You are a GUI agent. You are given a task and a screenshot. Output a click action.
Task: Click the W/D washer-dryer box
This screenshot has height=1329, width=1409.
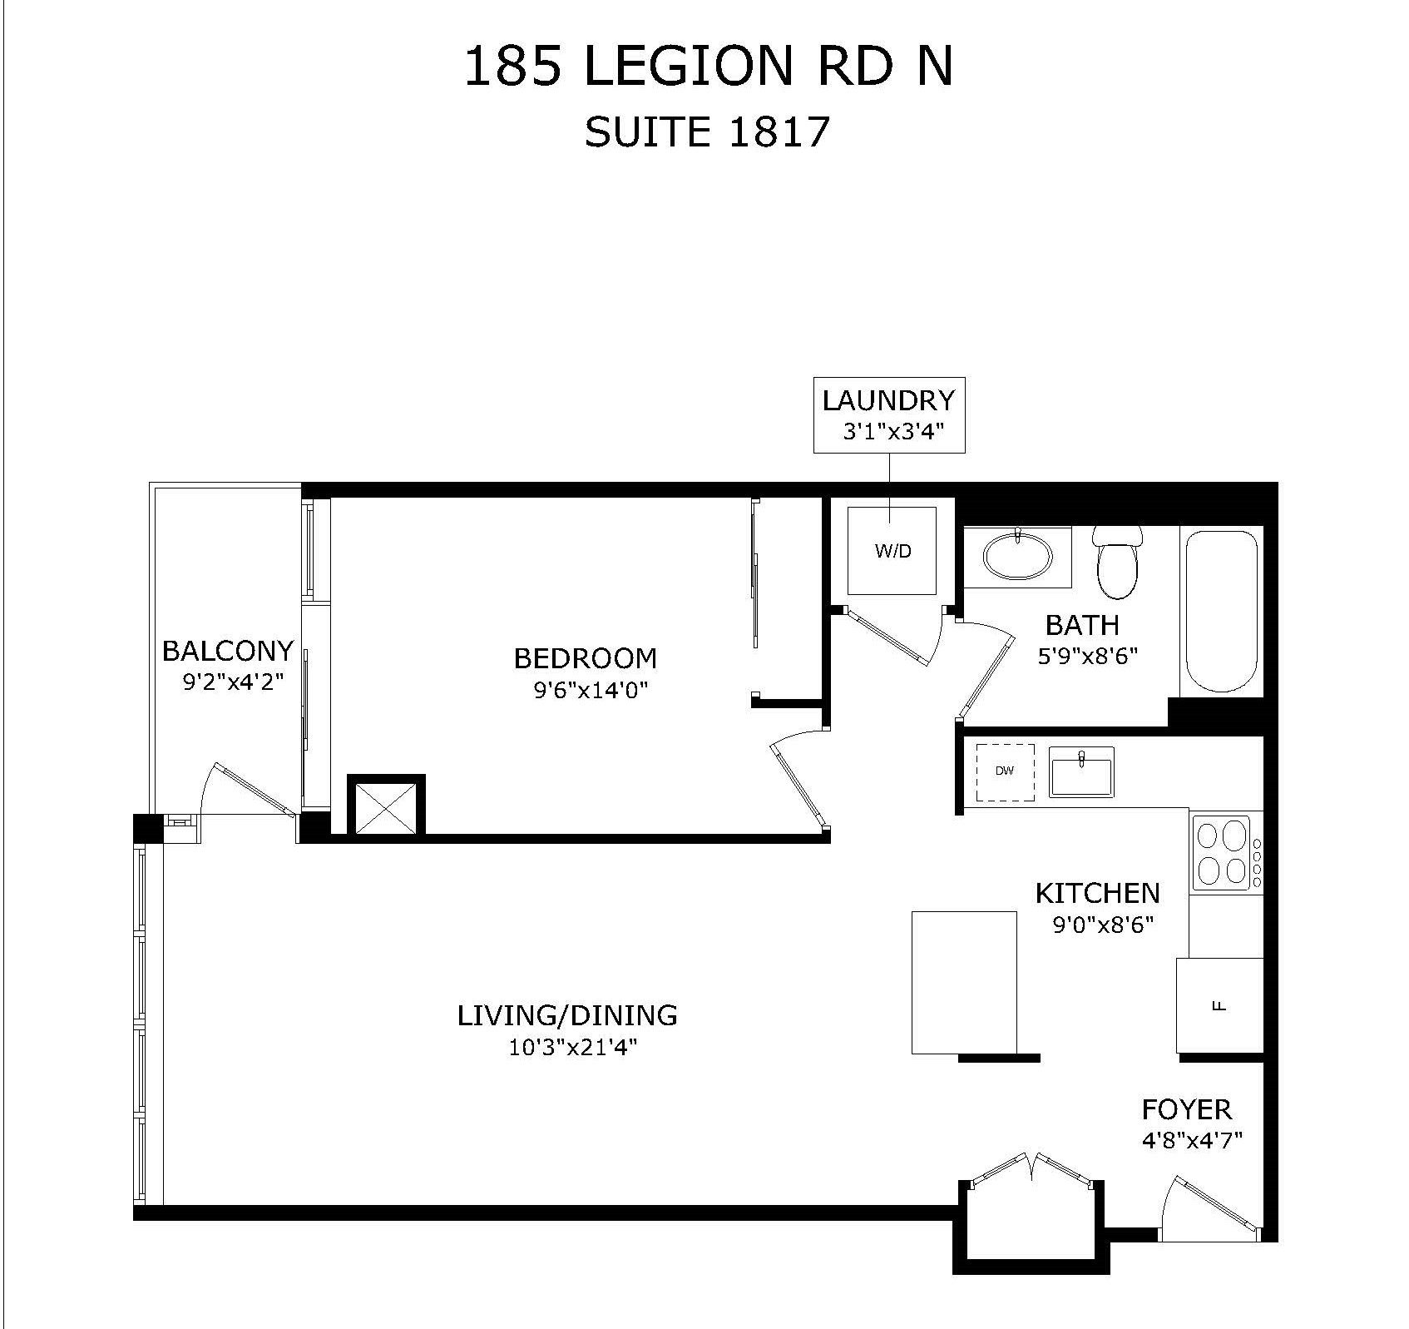[x=892, y=550]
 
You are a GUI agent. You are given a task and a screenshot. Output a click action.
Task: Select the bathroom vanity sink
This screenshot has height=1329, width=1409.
[x=1017, y=554]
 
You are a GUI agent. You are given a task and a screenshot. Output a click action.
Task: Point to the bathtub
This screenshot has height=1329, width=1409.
[x=1221, y=612]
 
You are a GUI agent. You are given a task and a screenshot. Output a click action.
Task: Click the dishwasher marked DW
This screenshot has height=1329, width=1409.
[x=1006, y=772]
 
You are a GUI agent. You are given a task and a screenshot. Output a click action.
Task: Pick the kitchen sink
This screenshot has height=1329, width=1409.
[x=1081, y=771]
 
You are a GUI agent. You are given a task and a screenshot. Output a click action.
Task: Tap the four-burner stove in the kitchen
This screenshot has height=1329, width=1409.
[x=1226, y=852]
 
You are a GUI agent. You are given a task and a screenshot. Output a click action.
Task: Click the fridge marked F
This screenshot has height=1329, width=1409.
[x=1219, y=1005]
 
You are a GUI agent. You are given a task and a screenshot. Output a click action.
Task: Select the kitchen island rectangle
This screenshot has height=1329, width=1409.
[x=965, y=983]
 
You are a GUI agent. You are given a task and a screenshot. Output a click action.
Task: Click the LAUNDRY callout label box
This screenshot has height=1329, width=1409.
[x=889, y=414]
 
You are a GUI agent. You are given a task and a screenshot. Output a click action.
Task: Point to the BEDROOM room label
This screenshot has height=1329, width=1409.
[x=586, y=658]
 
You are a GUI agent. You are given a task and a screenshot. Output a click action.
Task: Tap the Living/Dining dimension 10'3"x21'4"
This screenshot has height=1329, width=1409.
[x=573, y=1048]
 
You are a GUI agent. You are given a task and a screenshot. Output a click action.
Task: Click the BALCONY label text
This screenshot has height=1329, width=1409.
[x=228, y=650]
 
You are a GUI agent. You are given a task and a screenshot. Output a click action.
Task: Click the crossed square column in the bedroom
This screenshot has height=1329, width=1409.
[x=386, y=806]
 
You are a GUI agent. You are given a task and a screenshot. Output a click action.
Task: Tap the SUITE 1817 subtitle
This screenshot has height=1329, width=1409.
[x=708, y=131]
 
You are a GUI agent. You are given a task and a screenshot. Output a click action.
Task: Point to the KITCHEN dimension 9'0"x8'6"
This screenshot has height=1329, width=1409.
[x=1104, y=925]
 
